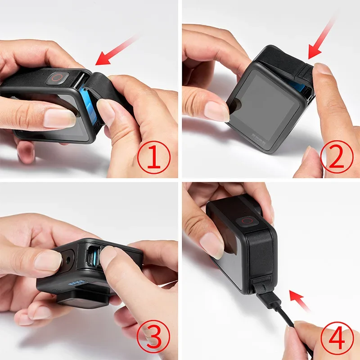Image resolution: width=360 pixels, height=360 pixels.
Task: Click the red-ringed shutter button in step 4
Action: pos(245,221)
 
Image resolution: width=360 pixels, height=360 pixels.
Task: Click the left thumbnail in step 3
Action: pos(47,260)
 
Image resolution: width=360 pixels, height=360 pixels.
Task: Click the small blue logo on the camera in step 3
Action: pos(77,284)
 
